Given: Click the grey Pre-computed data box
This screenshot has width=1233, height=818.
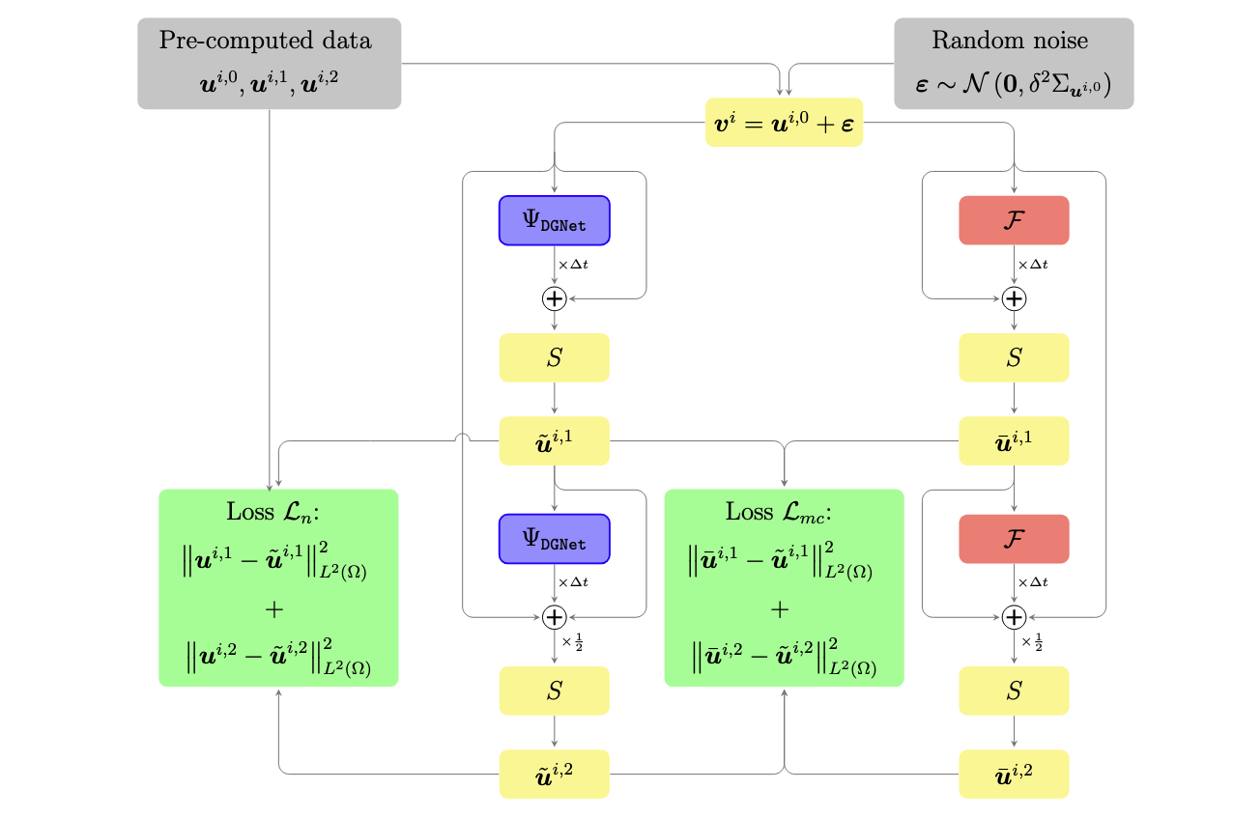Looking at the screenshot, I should [x=269, y=63].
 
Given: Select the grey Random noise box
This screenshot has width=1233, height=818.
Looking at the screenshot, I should [x=1013, y=63].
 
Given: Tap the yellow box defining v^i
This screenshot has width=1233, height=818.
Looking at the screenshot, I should [x=784, y=123].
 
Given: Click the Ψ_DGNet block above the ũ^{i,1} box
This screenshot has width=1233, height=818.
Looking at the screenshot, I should [x=555, y=220].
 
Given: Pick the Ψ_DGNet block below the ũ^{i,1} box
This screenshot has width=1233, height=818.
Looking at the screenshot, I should [x=555, y=538].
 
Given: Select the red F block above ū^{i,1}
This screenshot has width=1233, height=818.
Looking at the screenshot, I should [x=1014, y=220].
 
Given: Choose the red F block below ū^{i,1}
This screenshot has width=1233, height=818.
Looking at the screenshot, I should [x=1014, y=538].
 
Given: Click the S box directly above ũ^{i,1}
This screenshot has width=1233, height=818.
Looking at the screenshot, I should [x=555, y=357].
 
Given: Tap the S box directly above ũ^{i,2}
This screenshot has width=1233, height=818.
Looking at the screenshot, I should [x=555, y=691].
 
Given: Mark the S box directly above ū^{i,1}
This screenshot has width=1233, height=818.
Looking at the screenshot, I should [x=1014, y=357].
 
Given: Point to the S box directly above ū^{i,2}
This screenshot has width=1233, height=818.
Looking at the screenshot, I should [x=1014, y=691].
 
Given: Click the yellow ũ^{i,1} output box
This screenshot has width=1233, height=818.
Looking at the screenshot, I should [x=555, y=440].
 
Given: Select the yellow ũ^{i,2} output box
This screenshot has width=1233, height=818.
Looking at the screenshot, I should [x=555, y=774].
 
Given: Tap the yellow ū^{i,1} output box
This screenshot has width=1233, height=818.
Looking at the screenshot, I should [x=1014, y=440].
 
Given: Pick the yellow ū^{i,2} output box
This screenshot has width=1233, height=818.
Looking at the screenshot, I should [x=1014, y=774].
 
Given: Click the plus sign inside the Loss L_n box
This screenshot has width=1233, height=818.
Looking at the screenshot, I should [x=276, y=609].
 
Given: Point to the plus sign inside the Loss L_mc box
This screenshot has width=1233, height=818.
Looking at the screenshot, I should [x=781, y=609].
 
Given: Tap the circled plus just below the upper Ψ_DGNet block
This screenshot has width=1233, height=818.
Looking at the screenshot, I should [x=555, y=298].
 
